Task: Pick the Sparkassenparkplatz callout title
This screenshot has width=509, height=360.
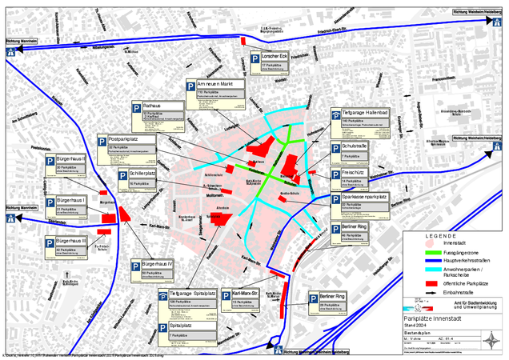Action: pos(364,196)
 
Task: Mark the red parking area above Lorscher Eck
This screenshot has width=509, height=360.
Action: pos(243,41)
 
